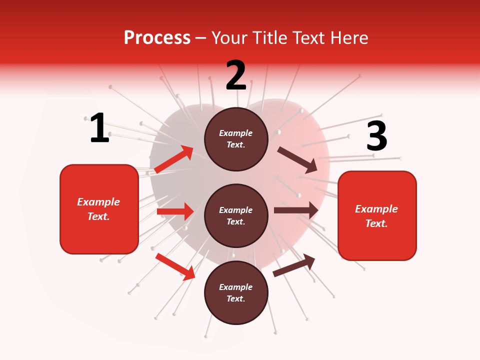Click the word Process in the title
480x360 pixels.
(157, 38)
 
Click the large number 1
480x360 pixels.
(99, 128)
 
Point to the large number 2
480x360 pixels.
(236, 75)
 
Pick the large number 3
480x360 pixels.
(377, 136)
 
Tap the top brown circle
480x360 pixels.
(236, 139)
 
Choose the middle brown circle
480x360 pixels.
(236, 216)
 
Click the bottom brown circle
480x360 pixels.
(236, 293)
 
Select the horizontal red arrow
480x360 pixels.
(175, 211)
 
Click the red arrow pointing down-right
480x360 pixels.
(175, 266)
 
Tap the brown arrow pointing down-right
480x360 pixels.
(297, 159)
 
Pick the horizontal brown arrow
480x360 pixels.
(296, 210)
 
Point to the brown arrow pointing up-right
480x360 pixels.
(294, 265)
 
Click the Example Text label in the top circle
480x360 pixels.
(236, 139)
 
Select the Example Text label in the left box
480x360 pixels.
(99, 209)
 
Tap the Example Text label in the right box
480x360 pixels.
(377, 216)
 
